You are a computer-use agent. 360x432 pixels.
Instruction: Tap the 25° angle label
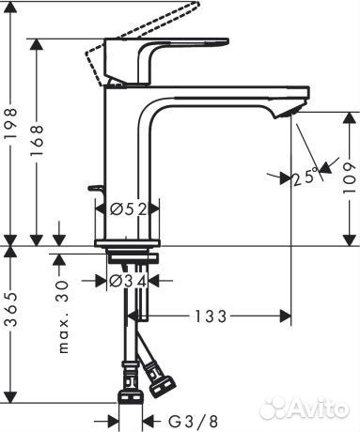[x=303, y=175]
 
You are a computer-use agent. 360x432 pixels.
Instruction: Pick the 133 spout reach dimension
[x=211, y=316]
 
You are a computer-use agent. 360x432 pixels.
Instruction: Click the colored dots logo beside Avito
[x=272, y=407]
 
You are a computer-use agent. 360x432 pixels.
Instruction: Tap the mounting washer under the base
[x=131, y=255]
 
